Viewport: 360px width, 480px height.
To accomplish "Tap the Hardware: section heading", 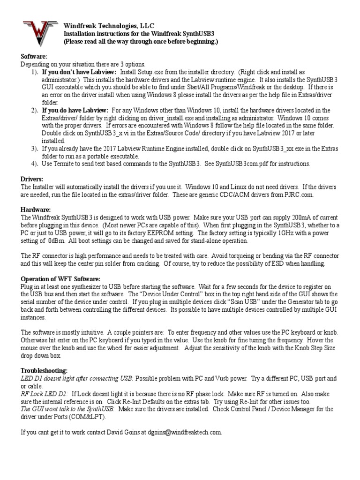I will (35, 209).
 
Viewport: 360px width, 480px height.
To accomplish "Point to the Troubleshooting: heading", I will (45, 370).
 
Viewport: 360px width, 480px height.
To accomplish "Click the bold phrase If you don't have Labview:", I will (79, 72).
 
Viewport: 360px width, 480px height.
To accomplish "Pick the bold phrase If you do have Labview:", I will (75, 110).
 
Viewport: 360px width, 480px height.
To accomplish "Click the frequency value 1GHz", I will (288, 232).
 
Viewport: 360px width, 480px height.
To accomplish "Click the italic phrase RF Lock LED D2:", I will (45, 393).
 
